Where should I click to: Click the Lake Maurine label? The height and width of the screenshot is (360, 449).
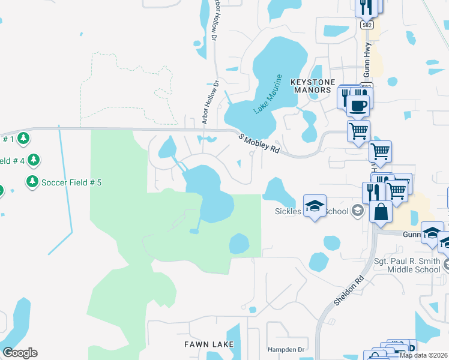267,94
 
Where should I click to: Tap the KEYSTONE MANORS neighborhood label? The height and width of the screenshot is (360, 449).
310,85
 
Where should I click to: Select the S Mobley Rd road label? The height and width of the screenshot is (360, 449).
259,143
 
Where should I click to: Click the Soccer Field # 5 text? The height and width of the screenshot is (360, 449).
71,182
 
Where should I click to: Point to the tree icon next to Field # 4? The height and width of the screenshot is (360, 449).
34,160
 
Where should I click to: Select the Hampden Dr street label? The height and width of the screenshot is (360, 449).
286,349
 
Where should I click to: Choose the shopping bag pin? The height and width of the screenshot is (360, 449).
381,212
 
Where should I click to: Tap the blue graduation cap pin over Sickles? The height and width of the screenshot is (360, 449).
314,207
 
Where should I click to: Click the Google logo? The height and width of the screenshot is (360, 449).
20,353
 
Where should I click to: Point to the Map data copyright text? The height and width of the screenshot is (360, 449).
423,355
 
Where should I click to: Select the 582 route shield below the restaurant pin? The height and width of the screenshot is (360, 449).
367,26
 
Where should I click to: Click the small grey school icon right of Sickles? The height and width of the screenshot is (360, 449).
358,211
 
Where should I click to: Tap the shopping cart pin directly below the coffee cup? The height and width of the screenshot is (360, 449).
358,130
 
